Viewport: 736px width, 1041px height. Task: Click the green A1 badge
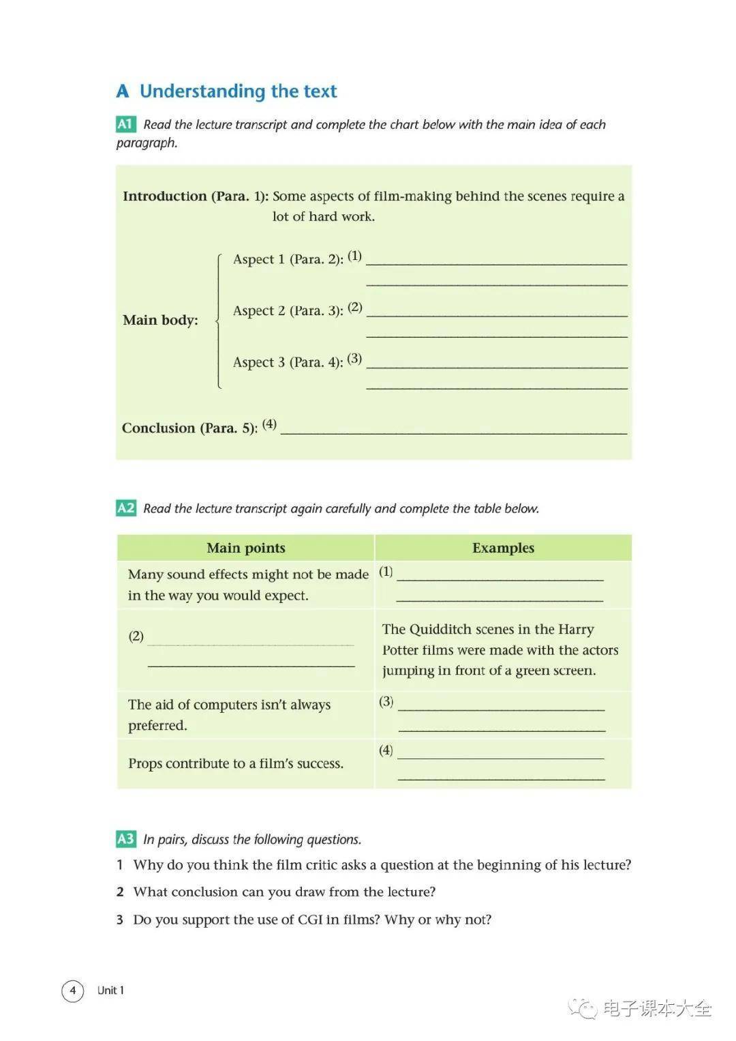(x=126, y=124)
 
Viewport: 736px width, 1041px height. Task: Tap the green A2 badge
(x=126, y=508)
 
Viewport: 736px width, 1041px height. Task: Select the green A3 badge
(x=126, y=839)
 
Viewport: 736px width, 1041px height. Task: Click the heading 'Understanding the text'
(x=238, y=91)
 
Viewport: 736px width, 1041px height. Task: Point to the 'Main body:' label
(x=160, y=320)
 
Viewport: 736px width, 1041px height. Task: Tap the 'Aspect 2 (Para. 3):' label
(x=288, y=311)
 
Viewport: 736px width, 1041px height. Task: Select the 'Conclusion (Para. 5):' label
(x=189, y=428)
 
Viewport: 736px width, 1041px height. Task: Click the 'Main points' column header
(x=246, y=548)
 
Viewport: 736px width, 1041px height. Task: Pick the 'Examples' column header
(x=503, y=548)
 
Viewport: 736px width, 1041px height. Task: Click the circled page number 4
(x=73, y=991)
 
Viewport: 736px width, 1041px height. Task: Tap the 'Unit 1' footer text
(x=110, y=991)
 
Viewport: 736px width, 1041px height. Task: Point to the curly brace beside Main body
(x=218, y=321)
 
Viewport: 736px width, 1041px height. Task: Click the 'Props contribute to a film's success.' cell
(x=236, y=764)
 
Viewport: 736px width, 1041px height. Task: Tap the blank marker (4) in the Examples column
(x=386, y=750)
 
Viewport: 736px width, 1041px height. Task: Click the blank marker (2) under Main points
(x=136, y=636)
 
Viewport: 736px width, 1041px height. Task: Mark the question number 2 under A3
(x=120, y=892)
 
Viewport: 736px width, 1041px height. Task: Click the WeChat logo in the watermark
(x=583, y=1008)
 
